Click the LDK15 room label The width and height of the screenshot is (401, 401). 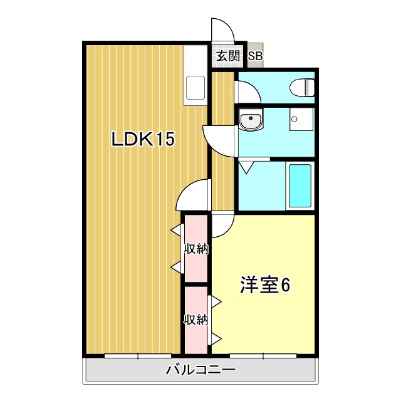pos(143,139)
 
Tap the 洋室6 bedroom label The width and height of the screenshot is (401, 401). pos(264,285)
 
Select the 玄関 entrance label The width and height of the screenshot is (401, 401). pos(228,56)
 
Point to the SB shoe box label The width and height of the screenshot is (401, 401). pos(256,56)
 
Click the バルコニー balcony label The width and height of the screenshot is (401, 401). pos(200,370)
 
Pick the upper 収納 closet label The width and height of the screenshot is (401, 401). pos(196,249)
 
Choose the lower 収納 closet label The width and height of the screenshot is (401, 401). pos(196,320)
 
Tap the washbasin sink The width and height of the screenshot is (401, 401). pos(251,119)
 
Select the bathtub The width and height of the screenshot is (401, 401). pos(300,185)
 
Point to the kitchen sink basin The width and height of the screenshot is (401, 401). pos(195,88)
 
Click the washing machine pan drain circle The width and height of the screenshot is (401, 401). pos(294,119)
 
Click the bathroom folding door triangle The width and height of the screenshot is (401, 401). pos(246,167)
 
